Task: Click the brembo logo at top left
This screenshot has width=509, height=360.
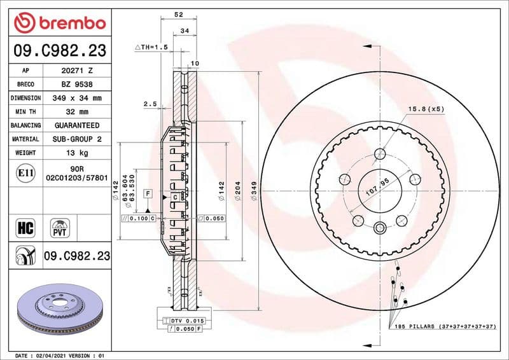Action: (x=59, y=23)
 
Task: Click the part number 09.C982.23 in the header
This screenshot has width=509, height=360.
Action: (x=59, y=51)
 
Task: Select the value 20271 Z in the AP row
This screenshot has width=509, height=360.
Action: (x=76, y=71)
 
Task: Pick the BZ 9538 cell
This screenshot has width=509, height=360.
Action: (x=76, y=85)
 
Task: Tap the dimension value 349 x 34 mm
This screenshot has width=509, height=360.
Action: (x=76, y=99)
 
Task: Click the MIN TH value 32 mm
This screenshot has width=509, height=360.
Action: (x=76, y=112)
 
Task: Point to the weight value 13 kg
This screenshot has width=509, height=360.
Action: (x=76, y=153)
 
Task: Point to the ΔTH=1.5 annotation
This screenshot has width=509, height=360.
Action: (x=151, y=48)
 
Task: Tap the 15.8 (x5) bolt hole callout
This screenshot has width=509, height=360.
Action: (x=426, y=109)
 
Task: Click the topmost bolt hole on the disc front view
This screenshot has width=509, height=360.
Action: (x=380, y=153)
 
